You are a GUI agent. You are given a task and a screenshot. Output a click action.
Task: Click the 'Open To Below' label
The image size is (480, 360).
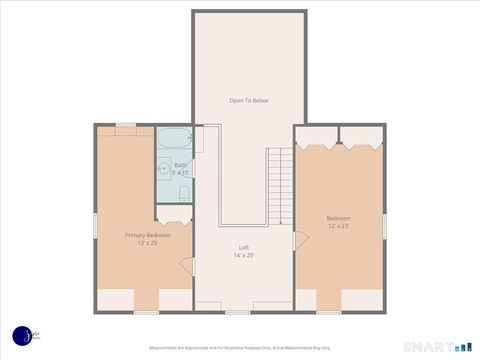coord(249,100)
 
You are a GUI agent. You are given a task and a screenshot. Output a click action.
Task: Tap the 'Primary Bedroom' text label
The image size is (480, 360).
coord(148,235)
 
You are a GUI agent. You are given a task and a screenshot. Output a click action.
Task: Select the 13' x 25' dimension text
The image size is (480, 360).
coord(148,243)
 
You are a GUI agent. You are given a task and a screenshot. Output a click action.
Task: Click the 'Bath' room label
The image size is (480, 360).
coord(180,165)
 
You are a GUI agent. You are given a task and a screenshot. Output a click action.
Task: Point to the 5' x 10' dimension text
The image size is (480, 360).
coord(180,173)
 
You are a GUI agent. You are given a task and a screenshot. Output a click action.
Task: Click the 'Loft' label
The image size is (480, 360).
coord(243,247)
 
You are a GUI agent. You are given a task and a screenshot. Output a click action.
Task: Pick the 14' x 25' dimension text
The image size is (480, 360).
coord(243,255)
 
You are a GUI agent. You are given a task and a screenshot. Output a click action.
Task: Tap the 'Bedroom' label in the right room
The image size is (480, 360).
coord(338,218)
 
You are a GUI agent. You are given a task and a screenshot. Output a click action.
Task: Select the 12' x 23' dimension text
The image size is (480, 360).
coord(338,226)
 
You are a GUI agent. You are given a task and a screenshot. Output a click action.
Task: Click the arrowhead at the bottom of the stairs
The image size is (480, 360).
coord(281,222)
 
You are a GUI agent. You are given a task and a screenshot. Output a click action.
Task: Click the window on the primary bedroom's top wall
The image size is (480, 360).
coord(126,125)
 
